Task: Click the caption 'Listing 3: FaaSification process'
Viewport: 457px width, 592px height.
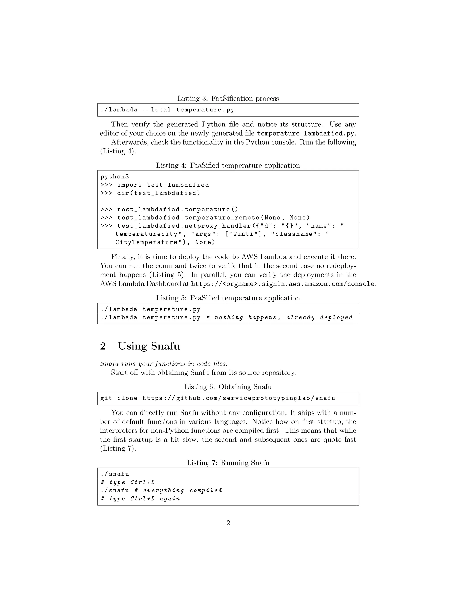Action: [228, 98]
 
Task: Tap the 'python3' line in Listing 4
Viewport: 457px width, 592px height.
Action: [114, 177]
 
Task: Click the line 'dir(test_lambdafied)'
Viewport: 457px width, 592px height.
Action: [159, 193]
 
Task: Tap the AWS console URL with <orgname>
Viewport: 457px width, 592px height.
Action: [283, 284]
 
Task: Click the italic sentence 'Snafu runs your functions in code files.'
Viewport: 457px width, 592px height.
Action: [164, 363]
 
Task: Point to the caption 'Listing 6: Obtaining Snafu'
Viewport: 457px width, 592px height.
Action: [228, 387]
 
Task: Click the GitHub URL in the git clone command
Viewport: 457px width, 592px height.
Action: [239, 398]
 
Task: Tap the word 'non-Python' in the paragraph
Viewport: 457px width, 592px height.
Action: [168, 430]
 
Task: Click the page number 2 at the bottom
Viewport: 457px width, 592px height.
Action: [228, 523]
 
